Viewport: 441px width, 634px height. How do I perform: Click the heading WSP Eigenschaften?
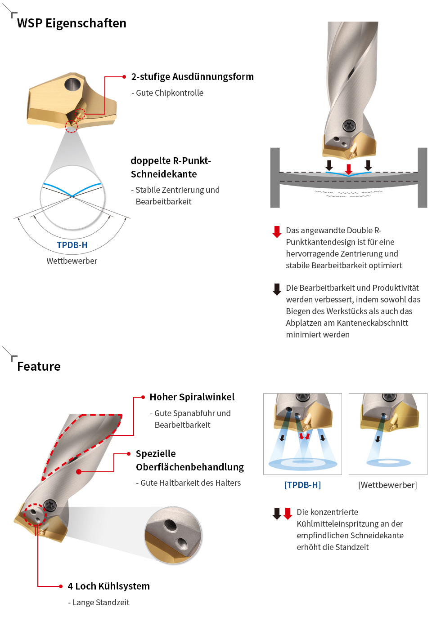(x=72, y=23)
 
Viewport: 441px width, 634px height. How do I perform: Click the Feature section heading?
(x=39, y=366)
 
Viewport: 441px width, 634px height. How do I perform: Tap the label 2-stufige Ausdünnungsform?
(x=193, y=77)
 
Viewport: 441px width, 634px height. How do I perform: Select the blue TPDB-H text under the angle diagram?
(x=72, y=245)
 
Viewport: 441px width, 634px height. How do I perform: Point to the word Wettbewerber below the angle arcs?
(x=72, y=261)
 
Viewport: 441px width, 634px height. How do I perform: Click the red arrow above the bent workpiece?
(x=349, y=169)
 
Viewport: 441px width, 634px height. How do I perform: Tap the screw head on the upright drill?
(x=349, y=125)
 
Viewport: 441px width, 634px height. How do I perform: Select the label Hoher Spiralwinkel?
(x=192, y=397)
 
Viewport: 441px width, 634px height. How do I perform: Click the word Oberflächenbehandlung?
(x=190, y=467)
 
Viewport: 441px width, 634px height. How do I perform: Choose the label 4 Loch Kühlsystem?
(x=108, y=586)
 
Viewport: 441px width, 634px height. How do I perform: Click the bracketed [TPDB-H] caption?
(x=302, y=485)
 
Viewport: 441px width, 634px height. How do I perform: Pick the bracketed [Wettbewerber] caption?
(x=387, y=485)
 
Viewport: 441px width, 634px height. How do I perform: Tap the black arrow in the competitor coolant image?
(x=378, y=439)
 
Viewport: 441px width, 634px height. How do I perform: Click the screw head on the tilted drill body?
(x=50, y=505)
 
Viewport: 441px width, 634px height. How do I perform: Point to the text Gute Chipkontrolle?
(x=170, y=93)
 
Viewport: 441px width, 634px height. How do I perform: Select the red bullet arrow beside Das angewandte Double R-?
(x=277, y=232)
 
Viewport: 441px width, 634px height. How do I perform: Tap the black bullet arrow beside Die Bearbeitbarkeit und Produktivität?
(x=277, y=289)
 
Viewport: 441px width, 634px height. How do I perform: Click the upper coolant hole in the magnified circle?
(x=171, y=525)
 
